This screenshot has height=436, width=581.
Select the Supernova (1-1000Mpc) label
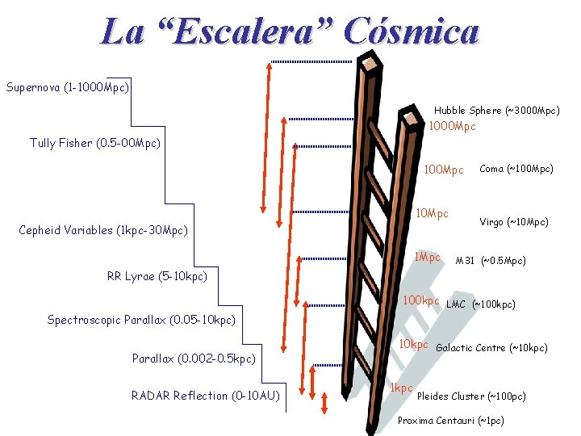pyautogui.click(x=68, y=86)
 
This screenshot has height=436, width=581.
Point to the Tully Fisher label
pyautogui.click(x=95, y=143)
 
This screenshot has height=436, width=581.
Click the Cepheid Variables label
pyautogui.click(x=102, y=230)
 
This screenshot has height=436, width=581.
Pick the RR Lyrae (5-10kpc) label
pyautogui.click(x=157, y=276)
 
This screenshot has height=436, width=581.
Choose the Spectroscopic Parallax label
pyautogui.click(x=141, y=320)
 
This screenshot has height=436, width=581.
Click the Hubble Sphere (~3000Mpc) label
pyautogui.click(x=496, y=110)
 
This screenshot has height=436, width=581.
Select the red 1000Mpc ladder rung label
pyautogui.click(x=452, y=127)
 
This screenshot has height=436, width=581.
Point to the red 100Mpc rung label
pyautogui.click(x=444, y=170)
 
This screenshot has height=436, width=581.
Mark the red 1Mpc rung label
pyautogui.click(x=427, y=258)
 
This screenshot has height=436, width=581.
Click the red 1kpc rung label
pyautogui.click(x=401, y=388)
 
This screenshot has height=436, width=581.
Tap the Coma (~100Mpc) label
pyautogui.click(x=516, y=169)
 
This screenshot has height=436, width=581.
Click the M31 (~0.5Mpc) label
pyautogui.click(x=491, y=261)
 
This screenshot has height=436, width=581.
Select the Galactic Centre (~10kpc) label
pyautogui.click(x=491, y=348)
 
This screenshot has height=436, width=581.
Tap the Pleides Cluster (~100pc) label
pyautogui.click(x=471, y=396)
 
